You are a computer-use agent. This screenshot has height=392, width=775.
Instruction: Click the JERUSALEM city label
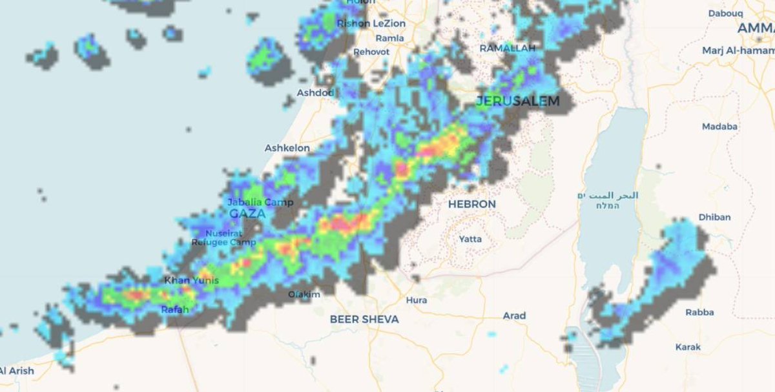point(517,101)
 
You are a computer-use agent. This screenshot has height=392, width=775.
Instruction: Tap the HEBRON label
point(472,204)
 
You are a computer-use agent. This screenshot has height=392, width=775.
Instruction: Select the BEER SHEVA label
point(364,319)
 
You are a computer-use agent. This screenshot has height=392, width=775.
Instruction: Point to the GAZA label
point(247,214)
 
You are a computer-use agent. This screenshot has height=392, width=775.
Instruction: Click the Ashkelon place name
point(287,148)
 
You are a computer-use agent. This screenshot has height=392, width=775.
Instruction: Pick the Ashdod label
point(315,93)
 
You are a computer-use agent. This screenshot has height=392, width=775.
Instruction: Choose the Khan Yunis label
point(191,280)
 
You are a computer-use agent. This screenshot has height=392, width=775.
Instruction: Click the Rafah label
point(175,310)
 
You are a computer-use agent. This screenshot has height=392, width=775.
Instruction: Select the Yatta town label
point(470,239)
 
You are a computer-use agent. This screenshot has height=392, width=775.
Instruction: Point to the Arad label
point(515,316)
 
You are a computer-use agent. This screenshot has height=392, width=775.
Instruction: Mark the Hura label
point(417,300)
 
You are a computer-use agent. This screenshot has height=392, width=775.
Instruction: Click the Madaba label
point(719,127)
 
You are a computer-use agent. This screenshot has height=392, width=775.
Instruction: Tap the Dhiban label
point(714,217)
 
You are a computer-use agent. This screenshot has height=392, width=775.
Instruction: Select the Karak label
point(688,347)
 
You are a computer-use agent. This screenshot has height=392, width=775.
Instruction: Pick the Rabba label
point(700,313)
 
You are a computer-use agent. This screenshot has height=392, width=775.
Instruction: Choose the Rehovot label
point(371,52)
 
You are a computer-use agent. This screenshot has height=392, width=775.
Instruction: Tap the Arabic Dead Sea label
point(608,195)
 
